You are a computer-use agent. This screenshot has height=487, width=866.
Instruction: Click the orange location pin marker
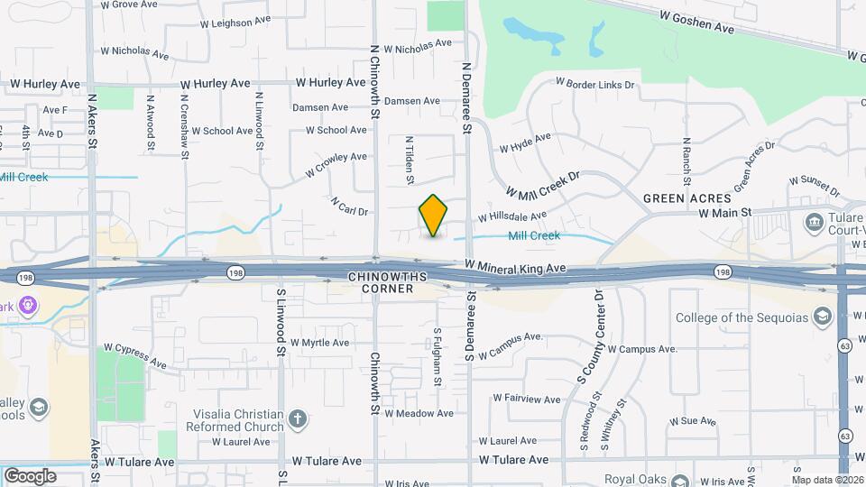(434, 215)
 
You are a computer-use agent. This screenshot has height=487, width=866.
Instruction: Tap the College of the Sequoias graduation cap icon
(822, 317)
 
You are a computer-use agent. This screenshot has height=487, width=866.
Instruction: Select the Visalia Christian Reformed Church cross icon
(298, 419)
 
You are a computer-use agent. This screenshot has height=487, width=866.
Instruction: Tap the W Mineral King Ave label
(515, 267)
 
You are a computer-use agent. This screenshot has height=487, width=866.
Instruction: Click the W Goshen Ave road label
(696, 22)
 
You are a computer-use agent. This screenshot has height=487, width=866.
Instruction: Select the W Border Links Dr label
(595, 84)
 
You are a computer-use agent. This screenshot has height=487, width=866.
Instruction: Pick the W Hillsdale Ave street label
(512, 216)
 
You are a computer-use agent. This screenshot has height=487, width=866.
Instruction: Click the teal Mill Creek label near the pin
(534, 236)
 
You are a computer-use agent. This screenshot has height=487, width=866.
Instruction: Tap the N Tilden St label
(410, 161)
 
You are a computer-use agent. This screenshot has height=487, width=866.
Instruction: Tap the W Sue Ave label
(692, 421)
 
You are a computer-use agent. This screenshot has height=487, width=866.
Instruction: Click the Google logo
(30, 475)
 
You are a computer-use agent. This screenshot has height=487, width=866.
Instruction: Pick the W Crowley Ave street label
(336, 163)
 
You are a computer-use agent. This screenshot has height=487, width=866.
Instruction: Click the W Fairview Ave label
(527, 398)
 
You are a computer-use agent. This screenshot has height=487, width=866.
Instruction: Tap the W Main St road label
(725, 213)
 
